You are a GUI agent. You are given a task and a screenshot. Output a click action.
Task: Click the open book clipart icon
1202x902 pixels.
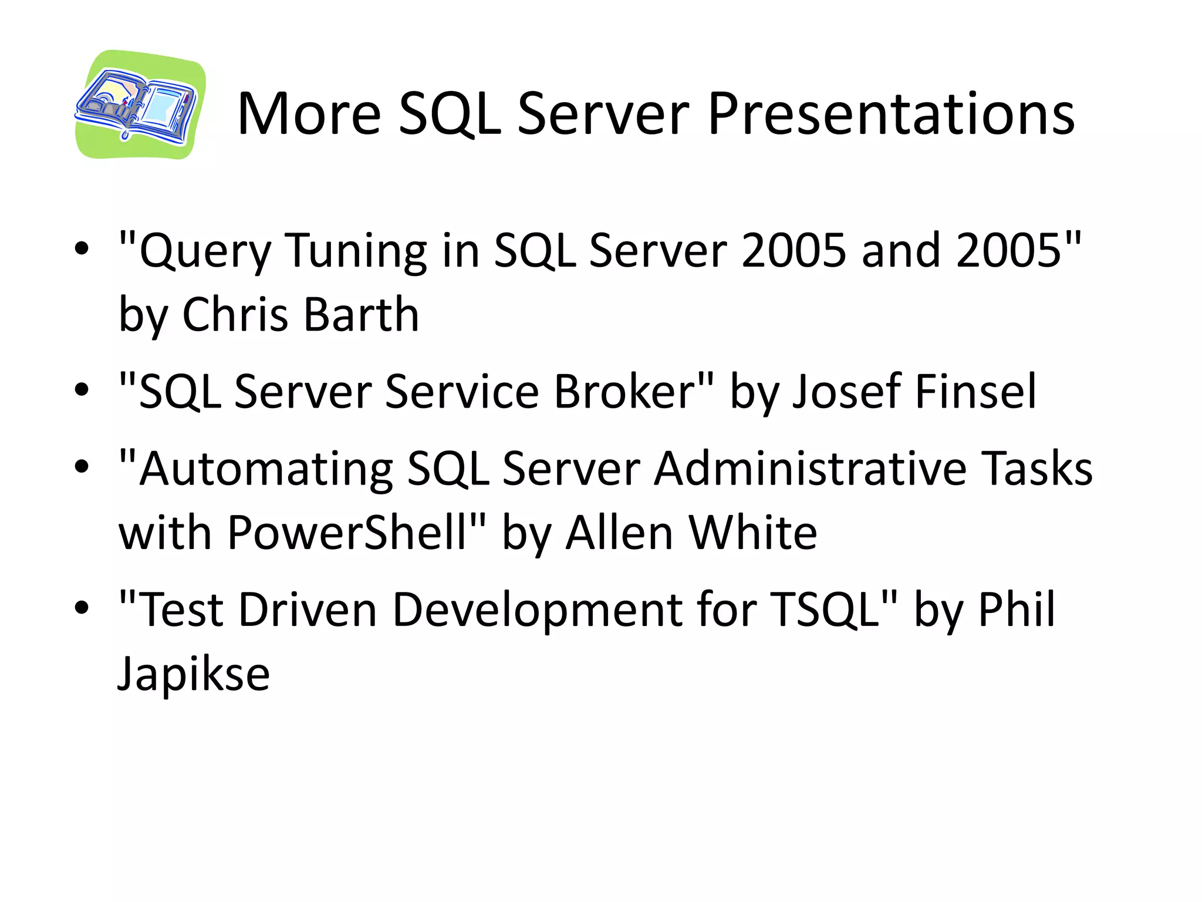140,105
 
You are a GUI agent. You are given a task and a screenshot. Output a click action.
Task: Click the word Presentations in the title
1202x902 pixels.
891,114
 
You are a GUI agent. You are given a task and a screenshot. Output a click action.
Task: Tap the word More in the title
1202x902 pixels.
309,114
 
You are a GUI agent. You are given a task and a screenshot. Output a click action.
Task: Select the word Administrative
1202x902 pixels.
810,469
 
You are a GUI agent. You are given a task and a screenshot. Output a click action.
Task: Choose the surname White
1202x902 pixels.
753,533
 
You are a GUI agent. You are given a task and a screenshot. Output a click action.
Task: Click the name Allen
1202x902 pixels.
619,533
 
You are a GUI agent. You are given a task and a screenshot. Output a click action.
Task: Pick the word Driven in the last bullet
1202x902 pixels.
308,610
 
